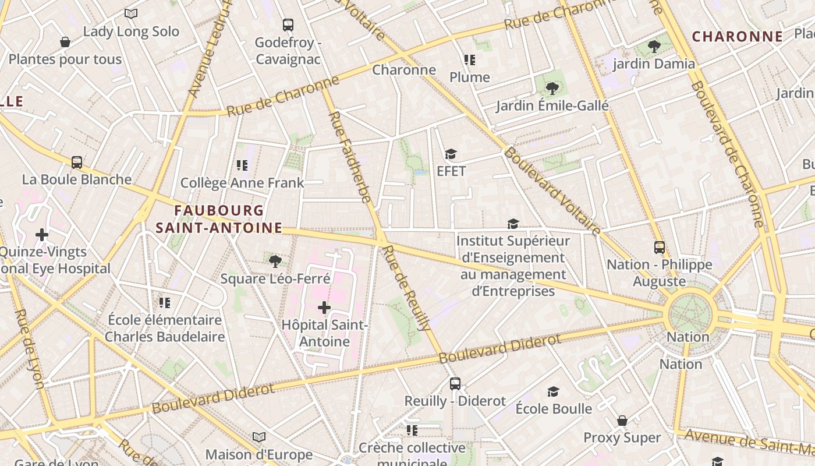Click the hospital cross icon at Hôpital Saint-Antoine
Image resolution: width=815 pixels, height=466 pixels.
(x=324, y=308)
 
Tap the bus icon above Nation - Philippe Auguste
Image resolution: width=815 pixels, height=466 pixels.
(x=659, y=248)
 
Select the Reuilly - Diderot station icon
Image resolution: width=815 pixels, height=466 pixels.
(x=455, y=384)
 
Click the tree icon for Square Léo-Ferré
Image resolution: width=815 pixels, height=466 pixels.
(x=275, y=261)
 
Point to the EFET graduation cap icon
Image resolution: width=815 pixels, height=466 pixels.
(x=451, y=154)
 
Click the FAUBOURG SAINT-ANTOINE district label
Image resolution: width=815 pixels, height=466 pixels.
(x=219, y=219)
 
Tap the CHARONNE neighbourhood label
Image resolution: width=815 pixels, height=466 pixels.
(x=737, y=37)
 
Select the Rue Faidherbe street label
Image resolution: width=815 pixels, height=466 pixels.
(x=349, y=157)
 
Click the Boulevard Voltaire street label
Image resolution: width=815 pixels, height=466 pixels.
(x=552, y=191)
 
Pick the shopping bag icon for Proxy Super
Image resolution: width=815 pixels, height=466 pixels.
(x=622, y=421)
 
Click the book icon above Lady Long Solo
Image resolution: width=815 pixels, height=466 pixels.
(x=131, y=13)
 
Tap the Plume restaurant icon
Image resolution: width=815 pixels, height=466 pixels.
(x=469, y=60)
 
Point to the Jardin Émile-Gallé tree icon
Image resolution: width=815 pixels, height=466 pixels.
(x=552, y=89)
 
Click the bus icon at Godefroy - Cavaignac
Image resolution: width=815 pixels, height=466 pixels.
(x=288, y=25)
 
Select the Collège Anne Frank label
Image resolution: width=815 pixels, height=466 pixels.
(x=242, y=182)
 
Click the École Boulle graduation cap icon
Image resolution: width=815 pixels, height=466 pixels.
(x=553, y=391)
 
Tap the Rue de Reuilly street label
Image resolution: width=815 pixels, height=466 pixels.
(x=405, y=288)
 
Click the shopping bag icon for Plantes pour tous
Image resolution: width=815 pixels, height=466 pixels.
(x=65, y=42)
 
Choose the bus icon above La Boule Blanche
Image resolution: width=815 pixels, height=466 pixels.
(x=77, y=163)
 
